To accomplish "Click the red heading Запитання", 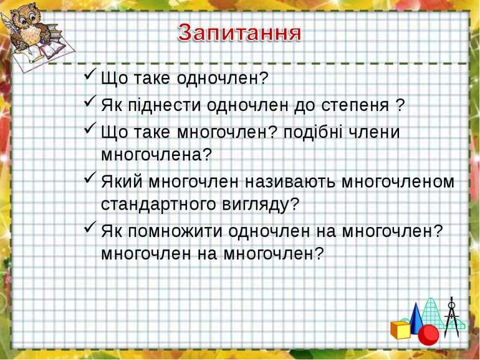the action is coord(239,33).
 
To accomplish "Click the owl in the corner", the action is coord(29,28).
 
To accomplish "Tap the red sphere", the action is coord(429,335).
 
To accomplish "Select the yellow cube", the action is coord(400,330).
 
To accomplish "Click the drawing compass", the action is coord(451,317).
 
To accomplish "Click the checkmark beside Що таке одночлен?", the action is coord(90,74).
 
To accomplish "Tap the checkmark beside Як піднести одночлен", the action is coord(90,101).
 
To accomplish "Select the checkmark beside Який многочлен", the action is coord(90,178).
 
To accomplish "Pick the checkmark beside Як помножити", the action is coord(90,227).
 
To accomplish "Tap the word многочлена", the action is coord(152,155).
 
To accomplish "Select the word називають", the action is coord(290,182).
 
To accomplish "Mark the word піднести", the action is coord(164,105).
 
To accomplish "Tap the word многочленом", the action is coord(398,182).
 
